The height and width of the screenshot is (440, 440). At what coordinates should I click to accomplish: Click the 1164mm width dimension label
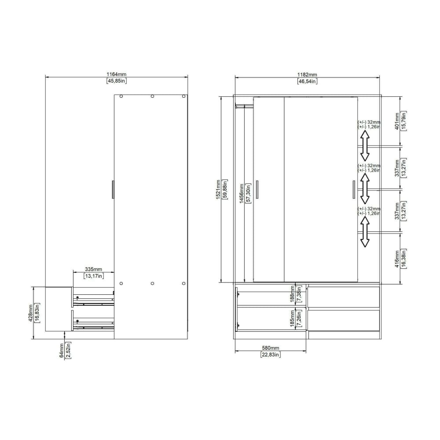click(x=117, y=75)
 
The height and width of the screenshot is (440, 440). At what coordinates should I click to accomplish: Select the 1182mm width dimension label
click(x=307, y=75)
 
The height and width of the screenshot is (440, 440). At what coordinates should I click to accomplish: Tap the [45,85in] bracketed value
click(x=117, y=81)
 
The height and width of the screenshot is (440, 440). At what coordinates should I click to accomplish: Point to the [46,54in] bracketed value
click(x=307, y=81)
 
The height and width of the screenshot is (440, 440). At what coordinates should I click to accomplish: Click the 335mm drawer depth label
click(x=93, y=269)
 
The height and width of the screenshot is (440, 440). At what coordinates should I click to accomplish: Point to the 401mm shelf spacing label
click(x=397, y=121)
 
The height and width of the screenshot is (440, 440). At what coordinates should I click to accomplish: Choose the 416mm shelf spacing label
click(x=397, y=259)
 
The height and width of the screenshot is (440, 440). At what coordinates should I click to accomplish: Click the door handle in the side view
click(x=113, y=189)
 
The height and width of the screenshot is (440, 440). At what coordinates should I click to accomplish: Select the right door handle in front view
click(x=353, y=190)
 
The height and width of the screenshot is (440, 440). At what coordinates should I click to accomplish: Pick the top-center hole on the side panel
click(x=152, y=96)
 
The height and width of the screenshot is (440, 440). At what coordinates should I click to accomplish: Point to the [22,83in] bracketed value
click(x=270, y=354)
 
